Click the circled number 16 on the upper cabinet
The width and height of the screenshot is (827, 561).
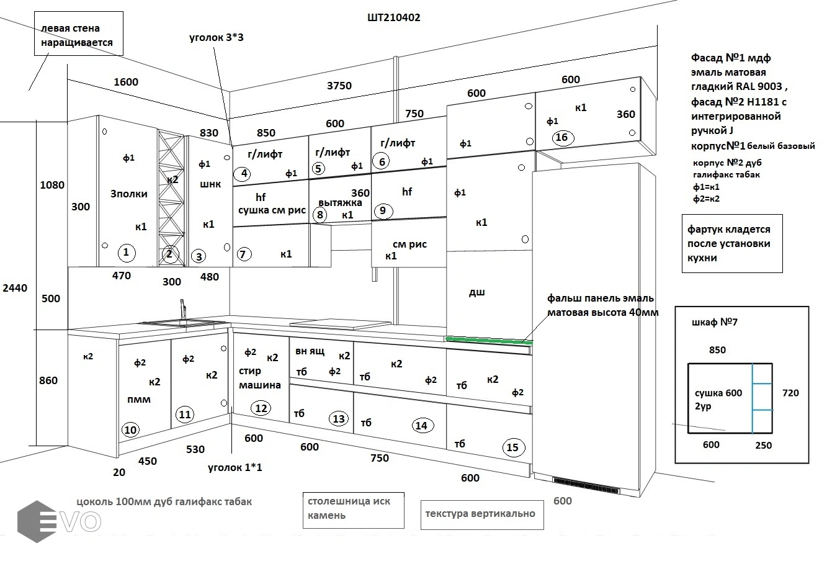(561, 138)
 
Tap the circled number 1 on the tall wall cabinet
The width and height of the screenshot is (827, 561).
(126, 252)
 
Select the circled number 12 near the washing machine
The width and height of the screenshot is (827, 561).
(261, 408)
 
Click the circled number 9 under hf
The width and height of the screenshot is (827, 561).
(383, 211)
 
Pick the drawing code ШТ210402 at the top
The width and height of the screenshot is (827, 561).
(393, 18)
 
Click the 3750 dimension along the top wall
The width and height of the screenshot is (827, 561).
(339, 86)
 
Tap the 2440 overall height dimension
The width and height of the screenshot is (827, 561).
(15, 288)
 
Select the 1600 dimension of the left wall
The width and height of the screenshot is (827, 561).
(126, 82)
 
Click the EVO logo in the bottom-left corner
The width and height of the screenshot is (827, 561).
(59, 521)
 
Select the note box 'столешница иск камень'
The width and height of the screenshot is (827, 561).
(353, 508)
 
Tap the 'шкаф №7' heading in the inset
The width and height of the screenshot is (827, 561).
(713, 322)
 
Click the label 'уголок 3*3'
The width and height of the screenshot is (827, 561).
(216, 38)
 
